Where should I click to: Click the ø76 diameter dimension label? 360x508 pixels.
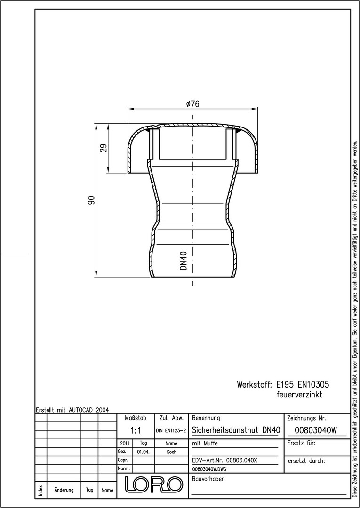pos(193,104)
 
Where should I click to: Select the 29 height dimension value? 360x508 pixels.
pos(104,148)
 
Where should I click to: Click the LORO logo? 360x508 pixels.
pos(154,484)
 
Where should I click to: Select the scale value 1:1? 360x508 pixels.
pos(136,430)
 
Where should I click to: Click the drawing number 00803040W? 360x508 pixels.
pos(316,430)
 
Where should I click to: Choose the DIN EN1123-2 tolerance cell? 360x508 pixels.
pos(170,430)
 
